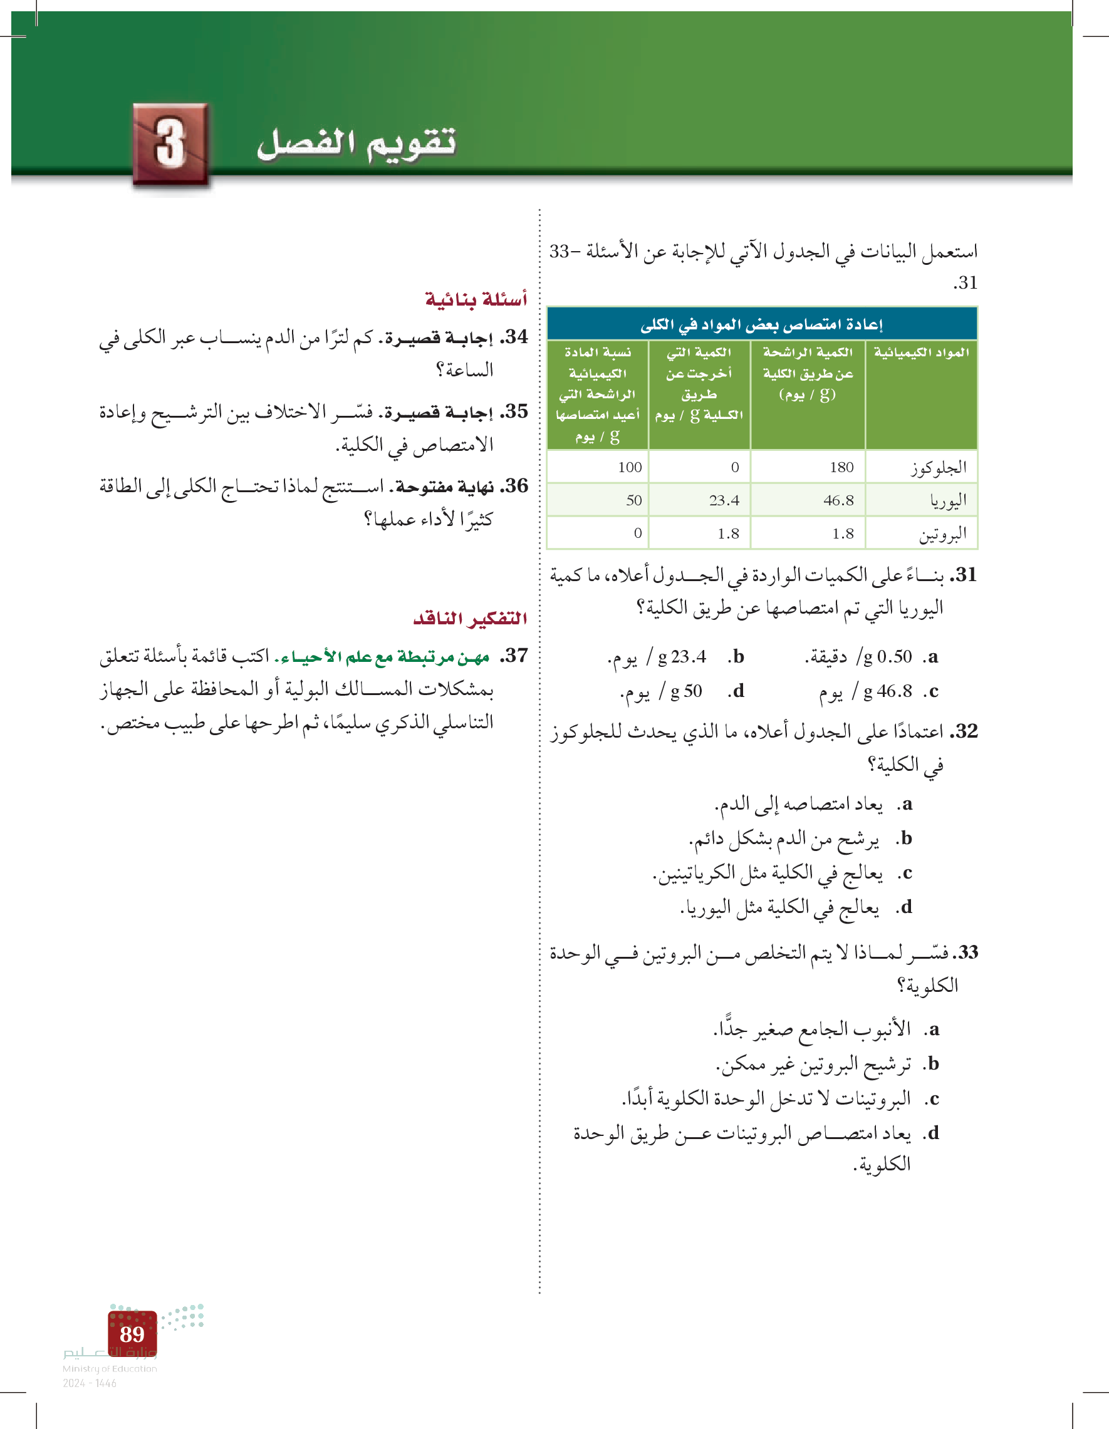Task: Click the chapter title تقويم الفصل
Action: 357,144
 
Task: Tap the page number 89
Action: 132,1334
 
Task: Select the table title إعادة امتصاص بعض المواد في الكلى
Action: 761,324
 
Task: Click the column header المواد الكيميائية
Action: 921,353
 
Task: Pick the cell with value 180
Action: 841,467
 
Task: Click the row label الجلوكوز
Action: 938,467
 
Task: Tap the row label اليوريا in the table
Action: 948,500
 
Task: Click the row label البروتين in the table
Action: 942,534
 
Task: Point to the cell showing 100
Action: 629,467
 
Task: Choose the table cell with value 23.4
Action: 724,500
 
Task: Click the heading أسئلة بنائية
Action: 476,300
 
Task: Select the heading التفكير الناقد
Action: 470,618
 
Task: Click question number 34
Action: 514,337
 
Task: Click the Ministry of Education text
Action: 109,1368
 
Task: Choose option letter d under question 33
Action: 933,1133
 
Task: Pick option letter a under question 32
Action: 905,803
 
